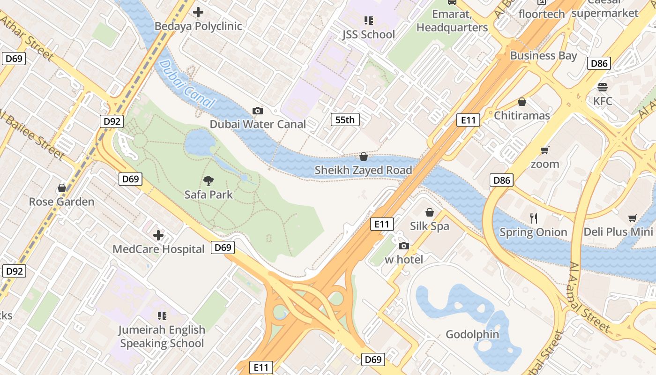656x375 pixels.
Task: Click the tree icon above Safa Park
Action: pyautogui.click(x=209, y=181)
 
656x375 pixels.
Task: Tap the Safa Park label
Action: pyautogui.click(x=209, y=194)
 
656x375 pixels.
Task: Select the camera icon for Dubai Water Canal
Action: pyautogui.click(x=257, y=111)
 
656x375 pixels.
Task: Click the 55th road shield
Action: pyautogui.click(x=345, y=120)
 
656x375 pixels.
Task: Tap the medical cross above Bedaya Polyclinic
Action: pyautogui.click(x=198, y=12)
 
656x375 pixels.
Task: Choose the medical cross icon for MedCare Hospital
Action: pyautogui.click(x=158, y=235)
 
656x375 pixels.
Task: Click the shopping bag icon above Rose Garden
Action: pyautogui.click(x=61, y=188)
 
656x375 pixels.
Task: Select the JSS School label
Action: pyautogui.click(x=368, y=34)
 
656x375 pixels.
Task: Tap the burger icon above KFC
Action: pyautogui.click(x=602, y=87)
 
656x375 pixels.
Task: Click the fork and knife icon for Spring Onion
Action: pyautogui.click(x=533, y=218)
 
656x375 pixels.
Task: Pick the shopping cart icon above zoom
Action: pyautogui.click(x=544, y=150)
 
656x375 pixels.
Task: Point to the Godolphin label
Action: pyautogui.click(x=472, y=335)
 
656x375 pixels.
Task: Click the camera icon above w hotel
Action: pyautogui.click(x=403, y=246)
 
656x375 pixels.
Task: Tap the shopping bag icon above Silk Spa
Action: pyautogui.click(x=429, y=213)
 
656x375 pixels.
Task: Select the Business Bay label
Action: pyautogui.click(x=544, y=55)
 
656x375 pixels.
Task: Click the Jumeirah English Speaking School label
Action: pyautogui.click(x=162, y=337)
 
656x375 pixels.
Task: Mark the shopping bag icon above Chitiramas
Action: pyautogui.click(x=522, y=102)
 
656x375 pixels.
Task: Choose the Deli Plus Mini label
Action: pyautogui.click(x=618, y=232)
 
